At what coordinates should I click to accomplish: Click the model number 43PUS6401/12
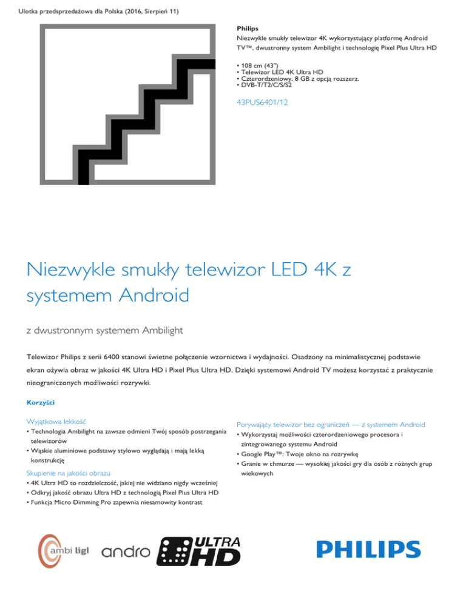pos(262,103)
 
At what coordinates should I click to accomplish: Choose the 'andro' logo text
pos(126,552)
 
